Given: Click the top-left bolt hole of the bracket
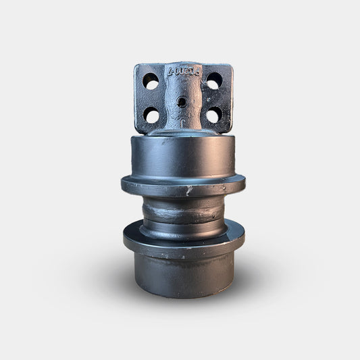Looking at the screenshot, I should [151, 82].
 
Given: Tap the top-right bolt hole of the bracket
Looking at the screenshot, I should [214, 82].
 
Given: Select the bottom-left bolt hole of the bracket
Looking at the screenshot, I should [152, 115].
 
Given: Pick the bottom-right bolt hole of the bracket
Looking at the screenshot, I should [213, 115].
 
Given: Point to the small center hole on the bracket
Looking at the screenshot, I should [182, 102].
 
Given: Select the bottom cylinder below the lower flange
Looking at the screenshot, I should [182, 274].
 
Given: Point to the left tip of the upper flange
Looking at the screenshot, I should [122, 183].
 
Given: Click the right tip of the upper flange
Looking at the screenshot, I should [245, 183].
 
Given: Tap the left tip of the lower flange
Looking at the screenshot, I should [124, 238].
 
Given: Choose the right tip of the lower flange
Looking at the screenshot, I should [244, 236].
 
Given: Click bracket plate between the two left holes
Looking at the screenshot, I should [151, 99].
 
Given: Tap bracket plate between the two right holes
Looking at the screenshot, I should [214, 99].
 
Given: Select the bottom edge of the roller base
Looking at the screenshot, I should [182, 296].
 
